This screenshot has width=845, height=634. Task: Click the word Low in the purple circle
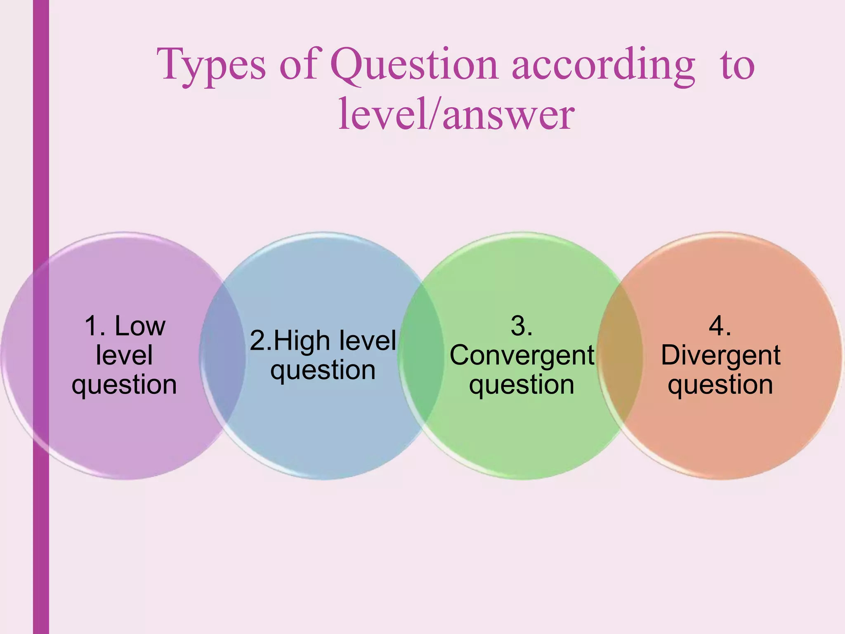tap(140, 326)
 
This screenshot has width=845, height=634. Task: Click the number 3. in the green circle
tap(521, 326)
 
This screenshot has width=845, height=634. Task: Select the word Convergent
tap(522, 355)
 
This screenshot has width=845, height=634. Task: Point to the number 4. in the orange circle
tap(720, 326)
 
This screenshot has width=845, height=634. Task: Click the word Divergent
tap(720, 355)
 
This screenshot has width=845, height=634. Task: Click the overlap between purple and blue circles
tap(223, 355)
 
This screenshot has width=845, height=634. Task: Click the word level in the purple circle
tap(124, 355)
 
